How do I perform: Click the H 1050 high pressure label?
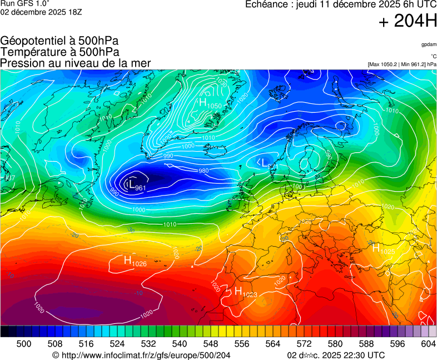point(210,103)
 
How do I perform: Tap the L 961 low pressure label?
point(137,186)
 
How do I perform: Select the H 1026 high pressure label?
point(135,261)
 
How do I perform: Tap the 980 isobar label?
point(203,171)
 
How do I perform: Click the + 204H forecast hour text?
point(407,22)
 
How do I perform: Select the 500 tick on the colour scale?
point(23,344)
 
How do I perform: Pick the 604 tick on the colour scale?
point(428,344)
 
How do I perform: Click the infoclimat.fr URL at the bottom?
point(141,355)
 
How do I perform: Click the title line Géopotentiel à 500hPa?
point(59,41)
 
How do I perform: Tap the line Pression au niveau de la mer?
point(76,63)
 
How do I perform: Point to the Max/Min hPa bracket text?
point(402,64)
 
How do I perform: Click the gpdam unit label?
point(429,44)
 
